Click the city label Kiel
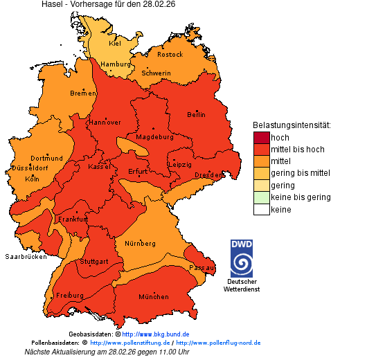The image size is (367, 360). pyautogui.click(x=115, y=43)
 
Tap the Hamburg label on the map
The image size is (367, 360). pyautogui.click(x=116, y=64)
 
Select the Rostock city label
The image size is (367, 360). pyautogui.click(x=170, y=54)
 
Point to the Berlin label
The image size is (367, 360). pyautogui.click(x=196, y=114)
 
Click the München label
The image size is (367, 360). pyautogui.click(x=154, y=297)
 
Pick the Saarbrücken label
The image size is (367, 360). pyautogui.click(x=26, y=256)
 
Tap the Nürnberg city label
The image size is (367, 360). pyautogui.click(x=140, y=244)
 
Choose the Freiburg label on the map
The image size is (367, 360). pyautogui.click(x=69, y=295)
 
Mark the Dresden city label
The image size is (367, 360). pyautogui.click(x=208, y=175)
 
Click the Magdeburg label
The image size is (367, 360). pyautogui.click(x=154, y=137)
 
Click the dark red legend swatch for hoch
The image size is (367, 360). pyautogui.click(x=261, y=138)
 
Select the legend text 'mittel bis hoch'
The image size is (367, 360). pyautogui.click(x=297, y=150)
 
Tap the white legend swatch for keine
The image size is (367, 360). pyautogui.click(x=261, y=210)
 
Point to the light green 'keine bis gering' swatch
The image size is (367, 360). pyautogui.click(x=261, y=198)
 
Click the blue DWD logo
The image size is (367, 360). pyautogui.click(x=242, y=258)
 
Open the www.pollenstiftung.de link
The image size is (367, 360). pyautogui.click(x=129, y=343)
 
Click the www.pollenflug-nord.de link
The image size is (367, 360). pyautogui.click(x=218, y=343)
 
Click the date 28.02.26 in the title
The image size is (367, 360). pyautogui.click(x=159, y=5)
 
